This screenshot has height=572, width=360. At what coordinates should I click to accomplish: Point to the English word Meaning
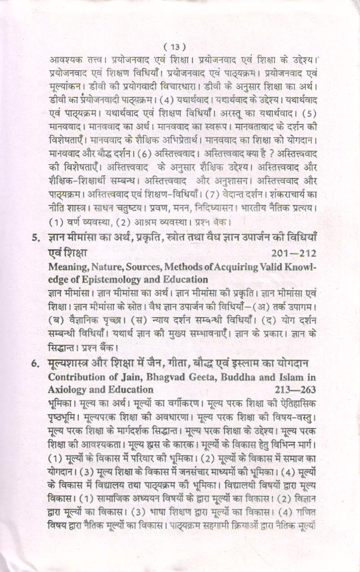pyautogui.click(x=68, y=267)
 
